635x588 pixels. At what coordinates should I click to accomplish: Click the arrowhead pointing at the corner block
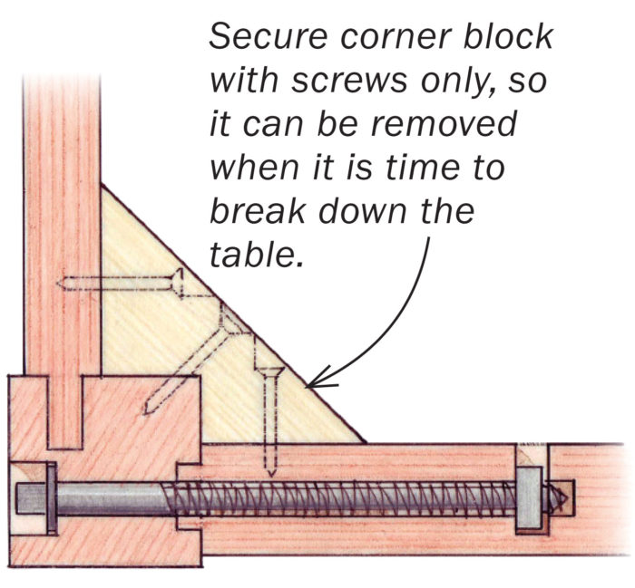coord(314,385)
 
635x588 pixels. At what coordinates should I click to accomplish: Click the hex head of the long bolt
coord(28,499)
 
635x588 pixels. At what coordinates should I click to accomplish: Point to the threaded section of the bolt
coord(345,499)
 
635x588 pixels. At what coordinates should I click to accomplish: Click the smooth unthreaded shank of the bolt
coord(109,499)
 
